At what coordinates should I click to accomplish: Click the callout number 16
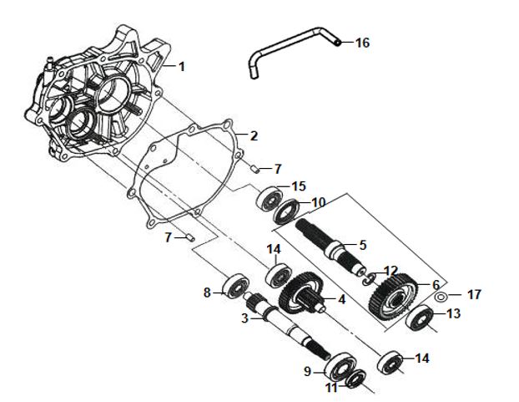point(361,43)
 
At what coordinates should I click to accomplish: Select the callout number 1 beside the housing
point(183,66)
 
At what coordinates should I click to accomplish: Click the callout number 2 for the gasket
point(254,135)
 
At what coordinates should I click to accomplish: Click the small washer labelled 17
point(441,297)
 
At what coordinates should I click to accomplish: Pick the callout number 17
point(474,295)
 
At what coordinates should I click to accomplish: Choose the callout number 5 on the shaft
point(362,245)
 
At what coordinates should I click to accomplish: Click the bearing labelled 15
point(269,199)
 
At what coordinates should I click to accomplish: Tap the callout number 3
point(245,318)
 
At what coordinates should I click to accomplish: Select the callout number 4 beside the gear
point(340,299)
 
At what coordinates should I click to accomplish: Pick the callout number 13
point(453,314)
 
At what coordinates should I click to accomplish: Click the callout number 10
point(319,202)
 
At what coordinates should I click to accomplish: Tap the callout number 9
point(307,371)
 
